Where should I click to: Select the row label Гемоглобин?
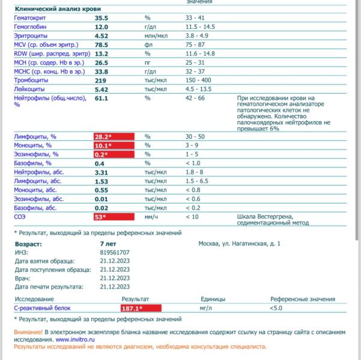pyautogui.click(x=31, y=28)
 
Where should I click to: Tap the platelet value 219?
pyautogui.click(x=101, y=80)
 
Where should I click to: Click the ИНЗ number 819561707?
pyautogui.click(x=114, y=253)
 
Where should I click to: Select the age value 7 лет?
pyautogui.click(x=109, y=244)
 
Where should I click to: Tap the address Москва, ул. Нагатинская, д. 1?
pyautogui.click(x=239, y=244)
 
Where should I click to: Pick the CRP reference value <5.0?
pyautogui.click(x=276, y=308)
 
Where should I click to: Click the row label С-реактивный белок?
pyautogui.click(x=42, y=308)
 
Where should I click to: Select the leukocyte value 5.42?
pyautogui.click(x=102, y=89)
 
